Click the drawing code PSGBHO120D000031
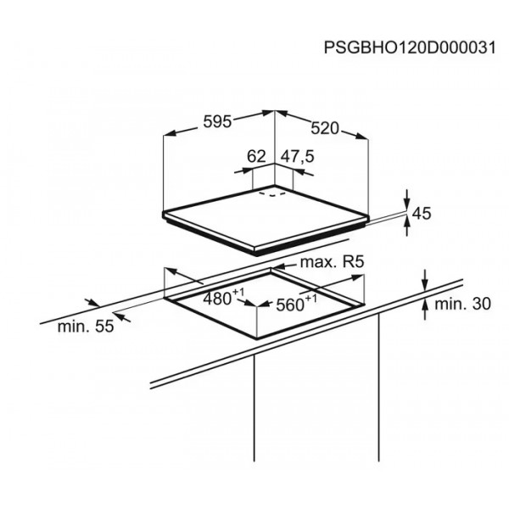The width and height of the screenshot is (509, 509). pos(410,48)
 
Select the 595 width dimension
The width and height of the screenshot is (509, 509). pos(217,122)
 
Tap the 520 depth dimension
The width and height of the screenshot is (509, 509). pos(325,129)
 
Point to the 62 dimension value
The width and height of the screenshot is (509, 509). pos(256,156)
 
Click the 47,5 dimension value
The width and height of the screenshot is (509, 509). pos(298,156)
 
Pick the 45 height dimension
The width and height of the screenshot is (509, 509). pos(422,214)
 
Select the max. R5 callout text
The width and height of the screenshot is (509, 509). pos(332,262)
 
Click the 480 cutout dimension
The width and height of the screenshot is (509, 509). pos(217,299)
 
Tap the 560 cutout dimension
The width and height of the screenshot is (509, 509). pos(290,305)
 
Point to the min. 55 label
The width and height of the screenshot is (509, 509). pos(86,327)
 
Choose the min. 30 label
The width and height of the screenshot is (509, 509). pos(462,305)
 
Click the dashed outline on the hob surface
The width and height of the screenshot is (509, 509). pos(272,194)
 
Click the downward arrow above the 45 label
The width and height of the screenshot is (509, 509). pos(407,199)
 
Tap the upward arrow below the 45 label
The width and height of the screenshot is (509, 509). pos(407,227)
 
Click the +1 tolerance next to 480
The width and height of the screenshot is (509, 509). pos(238,292)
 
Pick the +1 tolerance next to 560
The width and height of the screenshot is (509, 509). pos(310,298)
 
